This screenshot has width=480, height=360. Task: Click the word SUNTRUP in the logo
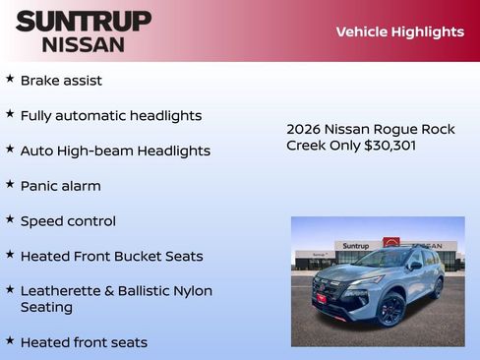(x=84, y=21)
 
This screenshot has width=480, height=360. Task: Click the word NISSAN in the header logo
(x=84, y=43)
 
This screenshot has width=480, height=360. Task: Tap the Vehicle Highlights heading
(x=399, y=31)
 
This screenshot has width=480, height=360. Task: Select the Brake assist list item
(x=61, y=80)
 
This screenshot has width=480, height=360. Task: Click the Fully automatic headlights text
(x=110, y=115)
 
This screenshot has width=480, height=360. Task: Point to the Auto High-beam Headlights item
(x=115, y=150)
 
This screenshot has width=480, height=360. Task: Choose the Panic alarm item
(x=60, y=185)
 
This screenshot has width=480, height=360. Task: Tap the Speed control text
(x=68, y=220)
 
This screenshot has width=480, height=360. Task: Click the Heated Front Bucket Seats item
(x=111, y=256)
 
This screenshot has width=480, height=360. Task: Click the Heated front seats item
(x=84, y=342)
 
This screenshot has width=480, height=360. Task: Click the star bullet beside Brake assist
(x=10, y=78)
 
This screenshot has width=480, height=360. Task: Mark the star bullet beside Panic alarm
(x=10, y=183)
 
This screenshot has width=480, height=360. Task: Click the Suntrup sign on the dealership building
(x=354, y=245)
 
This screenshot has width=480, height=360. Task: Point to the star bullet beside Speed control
(x=10, y=218)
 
